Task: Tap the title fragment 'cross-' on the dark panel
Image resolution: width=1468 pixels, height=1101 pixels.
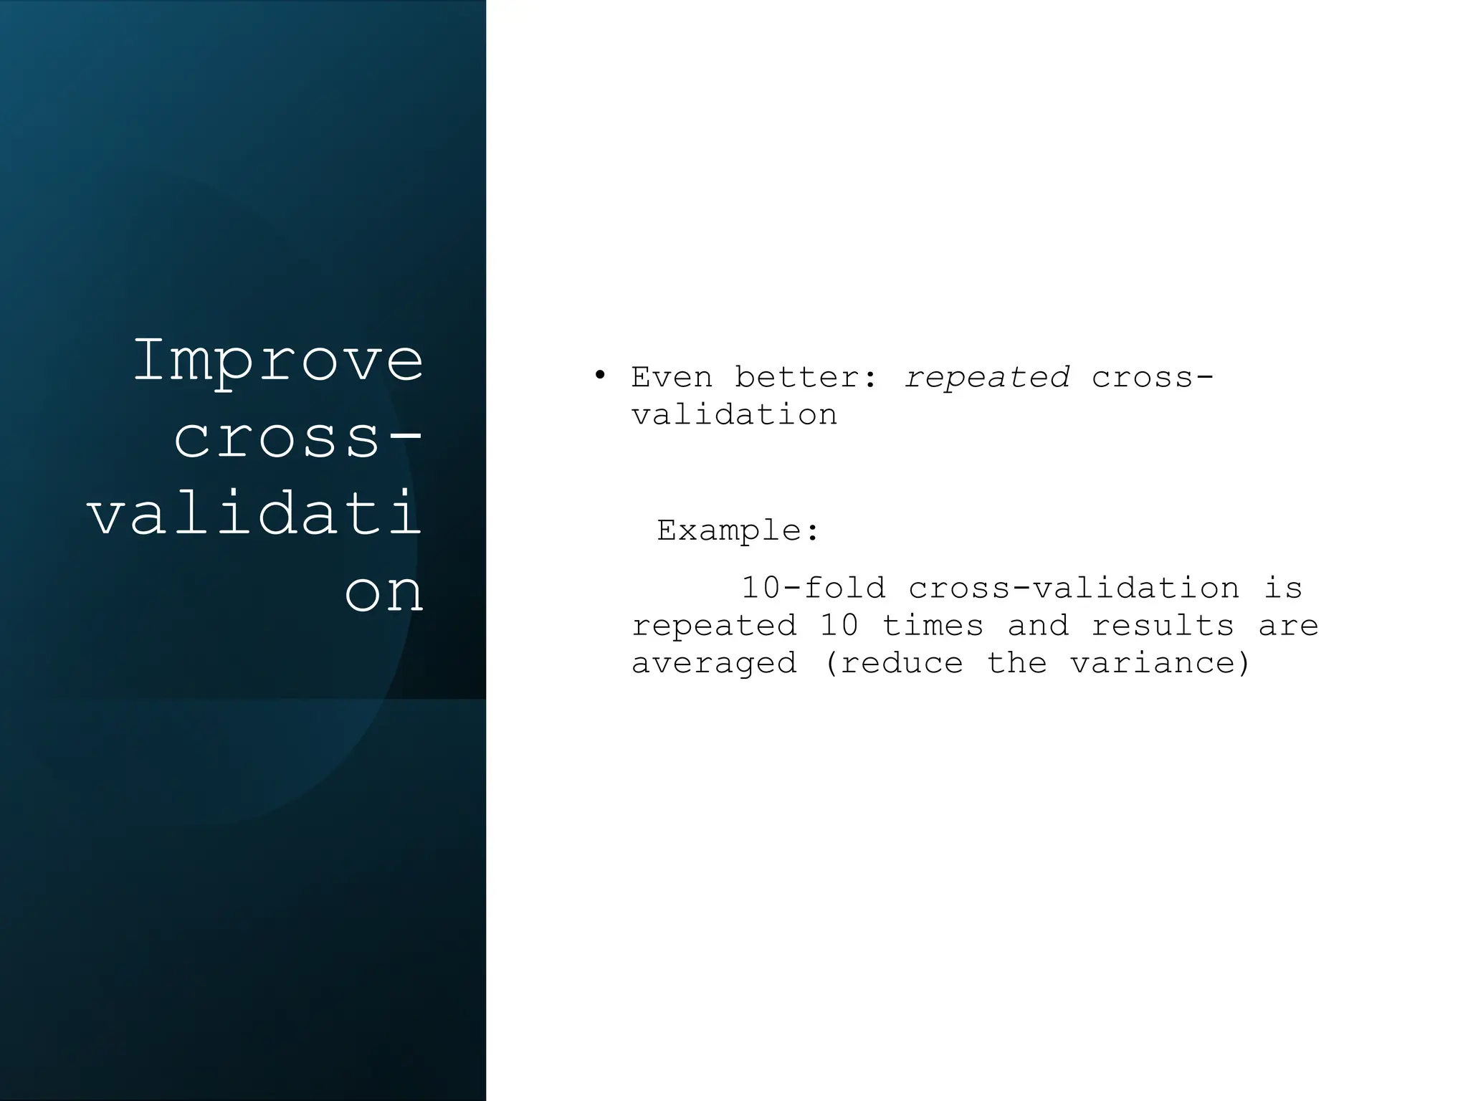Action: click(x=298, y=438)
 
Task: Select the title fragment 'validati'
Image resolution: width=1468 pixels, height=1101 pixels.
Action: click(x=255, y=515)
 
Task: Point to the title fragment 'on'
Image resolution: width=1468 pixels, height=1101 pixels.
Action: click(x=384, y=592)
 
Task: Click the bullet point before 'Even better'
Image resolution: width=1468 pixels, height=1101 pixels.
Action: click(x=600, y=376)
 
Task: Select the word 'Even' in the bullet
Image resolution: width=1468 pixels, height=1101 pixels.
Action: click(x=672, y=377)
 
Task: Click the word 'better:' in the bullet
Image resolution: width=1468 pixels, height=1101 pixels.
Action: click(x=806, y=377)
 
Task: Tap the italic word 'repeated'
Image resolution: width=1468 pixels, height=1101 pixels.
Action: click(x=987, y=377)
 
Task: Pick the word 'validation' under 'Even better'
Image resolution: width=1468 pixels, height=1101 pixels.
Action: click(x=734, y=414)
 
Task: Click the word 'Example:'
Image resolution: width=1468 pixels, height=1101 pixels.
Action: click(x=738, y=530)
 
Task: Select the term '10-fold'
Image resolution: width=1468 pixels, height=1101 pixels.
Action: click(x=814, y=588)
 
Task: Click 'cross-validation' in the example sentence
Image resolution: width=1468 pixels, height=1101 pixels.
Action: click(x=1073, y=588)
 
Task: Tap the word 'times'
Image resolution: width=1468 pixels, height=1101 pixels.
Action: click(x=932, y=626)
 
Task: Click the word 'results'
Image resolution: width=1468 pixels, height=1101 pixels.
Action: click(x=1162, y=626)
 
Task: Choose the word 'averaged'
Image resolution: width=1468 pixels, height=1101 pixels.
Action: click(x=714, y=663)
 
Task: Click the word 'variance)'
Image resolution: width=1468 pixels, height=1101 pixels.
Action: click(x=1160, y=663)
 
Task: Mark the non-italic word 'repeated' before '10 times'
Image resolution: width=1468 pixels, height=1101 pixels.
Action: click(x=714, y=626)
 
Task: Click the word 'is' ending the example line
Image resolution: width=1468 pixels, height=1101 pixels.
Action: click(x=1283, y=588)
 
